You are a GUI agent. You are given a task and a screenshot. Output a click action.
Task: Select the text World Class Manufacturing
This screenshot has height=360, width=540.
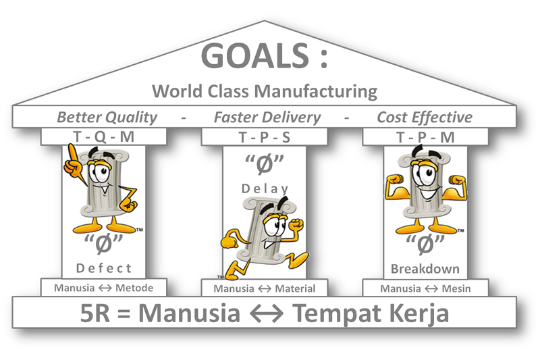pyautogui.click(x=264, y=91)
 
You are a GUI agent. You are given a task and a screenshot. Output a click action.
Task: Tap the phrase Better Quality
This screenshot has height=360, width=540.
pyautogui.click(x=107, y=117)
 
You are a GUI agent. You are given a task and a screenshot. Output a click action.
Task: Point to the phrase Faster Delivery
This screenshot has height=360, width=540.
pyautogui.click(x=267, y=117)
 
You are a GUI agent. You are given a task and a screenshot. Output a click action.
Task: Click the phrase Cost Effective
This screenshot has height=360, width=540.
pyautogui.click(x=424, y=117)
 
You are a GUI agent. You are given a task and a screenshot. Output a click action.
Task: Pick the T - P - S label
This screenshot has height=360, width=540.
pyautogui.click(x=265, y=136)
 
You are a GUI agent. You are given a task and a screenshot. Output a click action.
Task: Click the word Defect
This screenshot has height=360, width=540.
pyautogui.click(x=104, y=268)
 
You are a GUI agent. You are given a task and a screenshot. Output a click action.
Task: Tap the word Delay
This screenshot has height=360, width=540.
pyautogui.click(x=264, y=189)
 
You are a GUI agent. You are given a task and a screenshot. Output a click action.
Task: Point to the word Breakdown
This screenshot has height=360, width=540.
pyautogui.click(x=425, y=268)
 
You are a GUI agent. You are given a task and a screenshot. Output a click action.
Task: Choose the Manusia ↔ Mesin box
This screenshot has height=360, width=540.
pyautogui.click(x=425, y=288)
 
